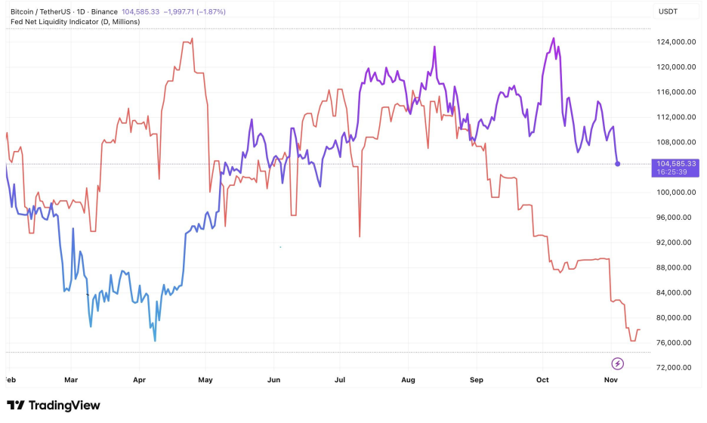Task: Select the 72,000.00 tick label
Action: [x=676, y=368]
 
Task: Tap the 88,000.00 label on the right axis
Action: [x=676, y=267]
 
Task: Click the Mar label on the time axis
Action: [x=71, y=379]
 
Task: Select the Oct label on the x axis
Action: [x=543, y=379]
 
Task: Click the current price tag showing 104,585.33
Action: [x=676, y=163]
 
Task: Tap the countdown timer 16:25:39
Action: [x=671, y=172]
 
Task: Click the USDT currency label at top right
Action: [x=668, y=11]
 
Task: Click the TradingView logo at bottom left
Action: [x=53, y=406]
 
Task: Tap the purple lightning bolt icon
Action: [x=617, y=363]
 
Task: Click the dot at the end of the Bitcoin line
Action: [x=618, y=164]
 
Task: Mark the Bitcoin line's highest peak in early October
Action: [x=554, y=39]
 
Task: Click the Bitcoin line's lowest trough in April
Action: [x=155, y=341]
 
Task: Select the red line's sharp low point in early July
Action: [x=360, y=236]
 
